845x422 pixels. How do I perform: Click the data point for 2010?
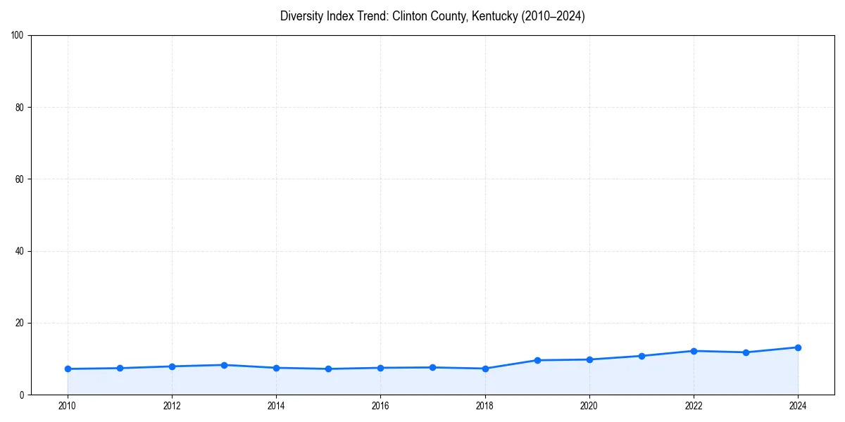click(68, 369)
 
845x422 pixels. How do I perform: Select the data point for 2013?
click(224, 365)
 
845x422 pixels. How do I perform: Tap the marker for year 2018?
click(485, 369)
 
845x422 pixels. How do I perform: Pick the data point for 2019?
click(537, 360)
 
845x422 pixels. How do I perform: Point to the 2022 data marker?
click(694, 351)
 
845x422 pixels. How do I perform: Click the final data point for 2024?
click(798, 347)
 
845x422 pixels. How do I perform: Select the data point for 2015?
click(328, 369)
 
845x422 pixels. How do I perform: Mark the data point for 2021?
click(641, 356)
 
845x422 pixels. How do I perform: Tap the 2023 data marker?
click(746, 352)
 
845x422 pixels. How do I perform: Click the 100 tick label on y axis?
click(18, 36)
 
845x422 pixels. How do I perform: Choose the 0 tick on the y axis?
click(23, 395)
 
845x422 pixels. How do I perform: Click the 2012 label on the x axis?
click(172, 406)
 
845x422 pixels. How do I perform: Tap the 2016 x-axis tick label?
click(380, 406)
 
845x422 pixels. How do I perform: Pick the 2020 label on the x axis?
click(589, 406)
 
